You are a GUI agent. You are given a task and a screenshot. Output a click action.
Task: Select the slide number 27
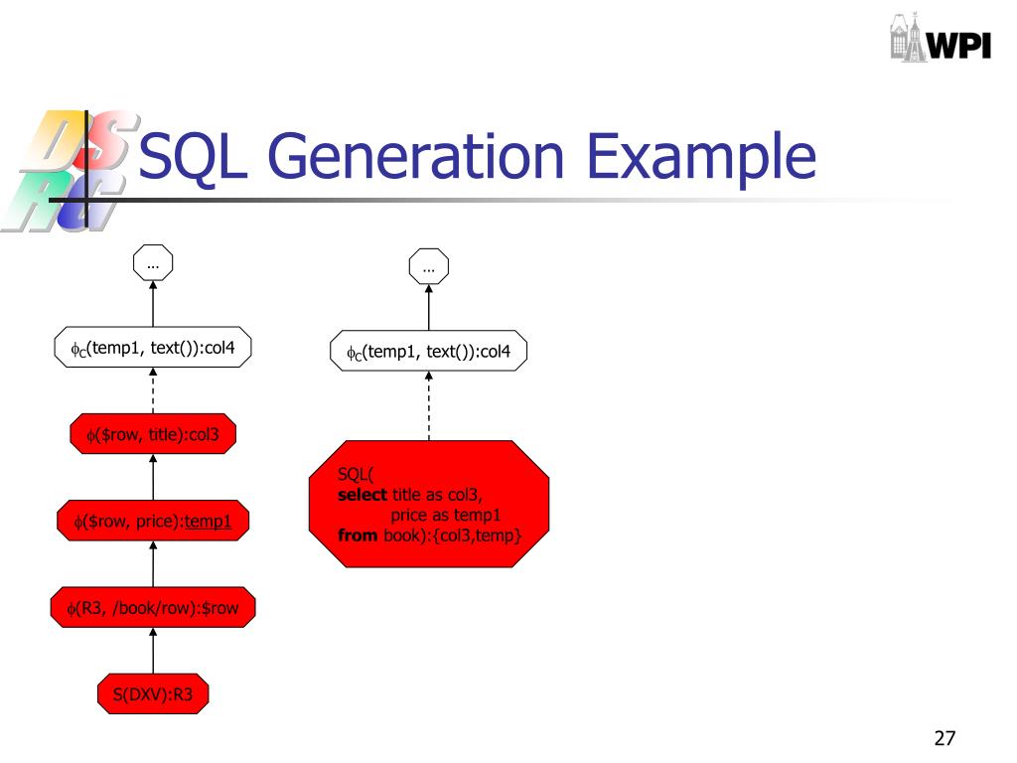coord(944,738)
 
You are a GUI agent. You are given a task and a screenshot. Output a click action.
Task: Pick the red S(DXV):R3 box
coord(153,695)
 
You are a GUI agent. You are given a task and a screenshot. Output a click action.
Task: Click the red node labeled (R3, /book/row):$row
coord(153,608)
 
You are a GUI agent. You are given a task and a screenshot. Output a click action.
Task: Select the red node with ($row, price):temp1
coord(153,521)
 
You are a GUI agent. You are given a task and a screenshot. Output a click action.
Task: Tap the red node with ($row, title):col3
coord(153,434)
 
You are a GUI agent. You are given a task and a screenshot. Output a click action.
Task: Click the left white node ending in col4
coord(153,348)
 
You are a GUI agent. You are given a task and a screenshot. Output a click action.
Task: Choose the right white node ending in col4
coord(429,352)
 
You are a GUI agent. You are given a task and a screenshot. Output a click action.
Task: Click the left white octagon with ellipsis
coord(153,264)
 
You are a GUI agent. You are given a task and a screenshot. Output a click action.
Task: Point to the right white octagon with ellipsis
coord(429,266)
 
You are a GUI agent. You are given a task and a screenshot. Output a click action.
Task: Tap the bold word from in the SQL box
coord(358,534)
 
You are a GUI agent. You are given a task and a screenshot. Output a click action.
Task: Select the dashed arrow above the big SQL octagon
coord(429,405)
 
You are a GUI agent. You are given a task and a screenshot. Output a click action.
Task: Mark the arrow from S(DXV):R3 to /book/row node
coord(153,652)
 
